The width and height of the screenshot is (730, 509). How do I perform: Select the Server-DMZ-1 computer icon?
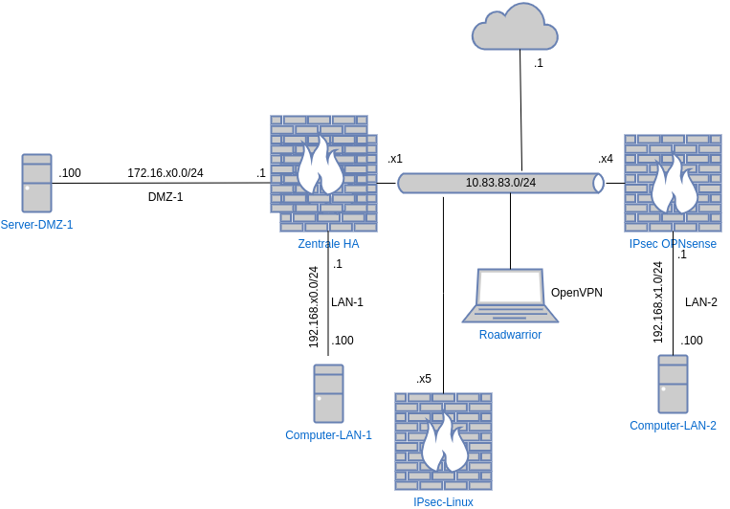coord(37,183)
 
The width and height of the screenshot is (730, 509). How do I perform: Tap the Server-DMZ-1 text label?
coord(37,224)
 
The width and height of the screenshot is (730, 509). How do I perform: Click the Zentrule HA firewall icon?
coord(323,172)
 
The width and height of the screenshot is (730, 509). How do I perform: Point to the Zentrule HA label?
coord(328,244)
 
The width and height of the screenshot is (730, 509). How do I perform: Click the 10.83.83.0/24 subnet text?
coord(500,183)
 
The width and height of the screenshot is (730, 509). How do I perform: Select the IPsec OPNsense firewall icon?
coord(672,183)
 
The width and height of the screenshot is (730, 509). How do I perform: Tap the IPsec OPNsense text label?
coord(673,244)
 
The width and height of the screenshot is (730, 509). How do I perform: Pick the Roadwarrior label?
coord(510,335)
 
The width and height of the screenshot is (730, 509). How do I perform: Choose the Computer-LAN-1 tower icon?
coord(328,393)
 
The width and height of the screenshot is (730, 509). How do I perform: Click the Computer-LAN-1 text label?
coord(328,435)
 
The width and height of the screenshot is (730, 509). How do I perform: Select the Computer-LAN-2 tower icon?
coord(673,384)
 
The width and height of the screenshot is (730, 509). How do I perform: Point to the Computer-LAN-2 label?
coord(673,426)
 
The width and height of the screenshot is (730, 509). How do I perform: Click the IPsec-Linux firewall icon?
coord(443,441)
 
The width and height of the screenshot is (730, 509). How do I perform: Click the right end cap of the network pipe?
coord(598,183)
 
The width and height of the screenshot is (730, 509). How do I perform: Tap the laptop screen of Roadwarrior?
coord(511,287)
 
